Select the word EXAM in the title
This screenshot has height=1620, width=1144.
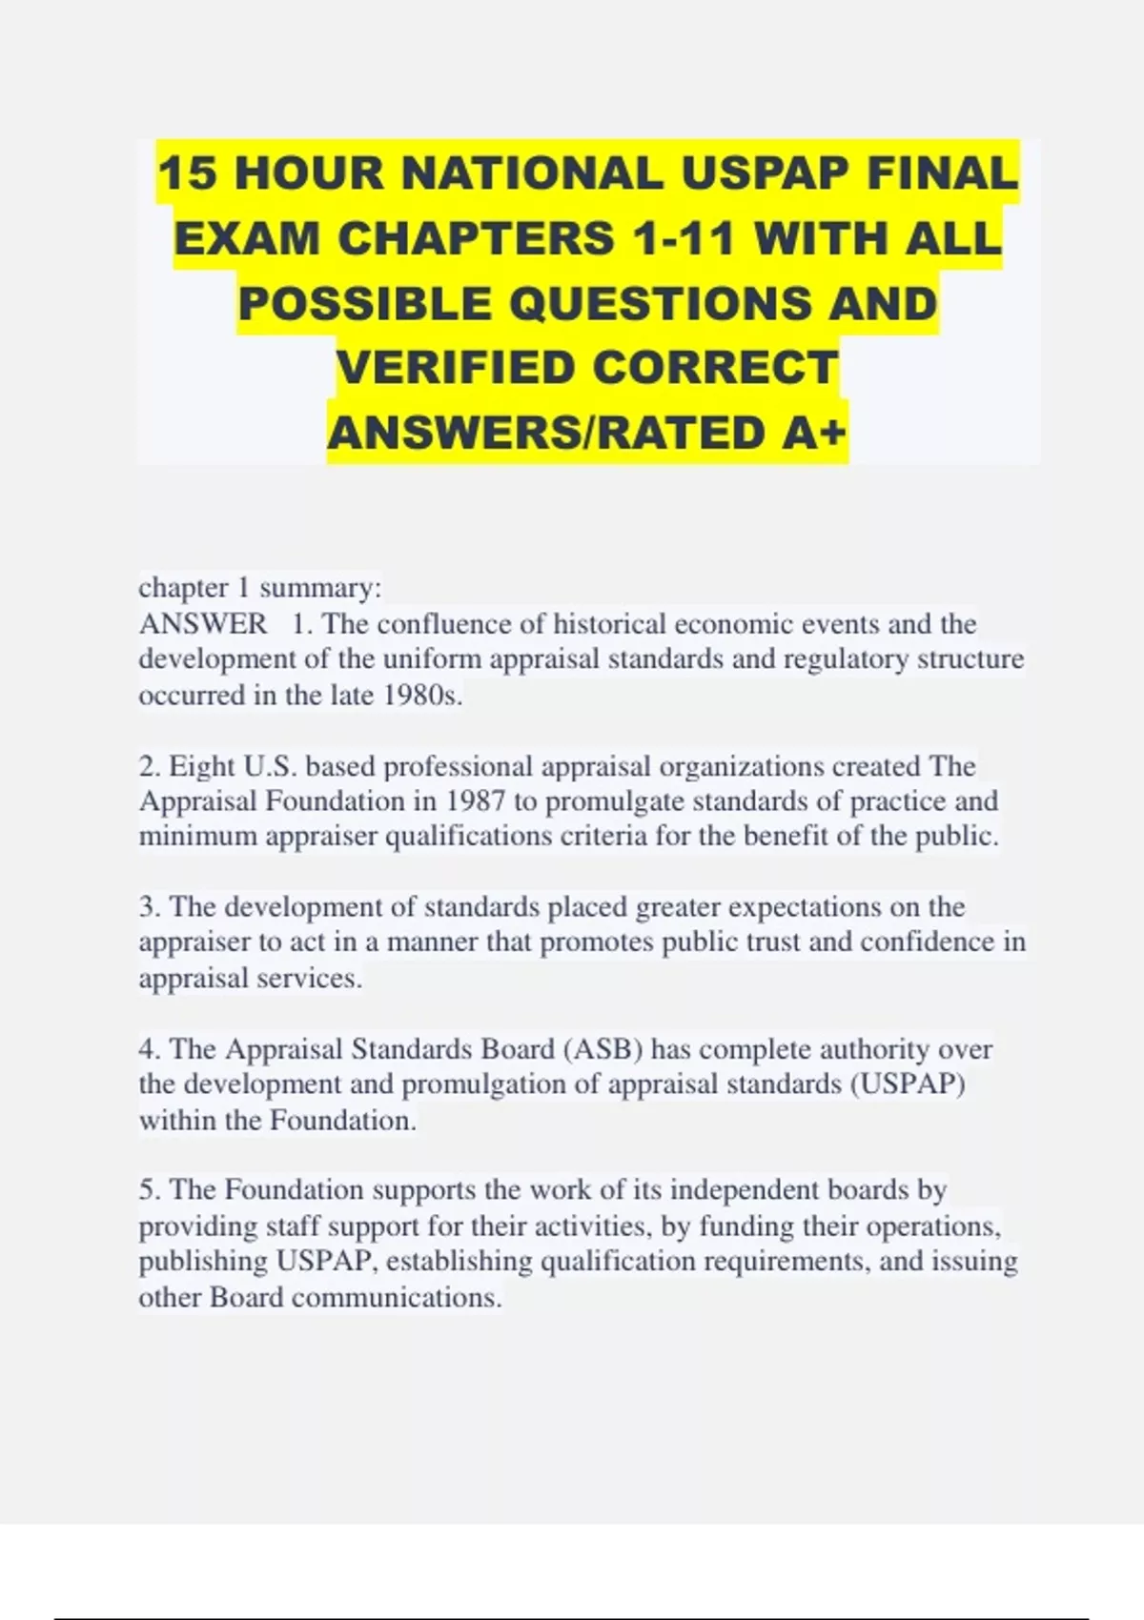click(247, 238)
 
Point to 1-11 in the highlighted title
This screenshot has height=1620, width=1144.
click(681, 238)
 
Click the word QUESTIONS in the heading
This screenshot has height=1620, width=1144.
click(662, 304)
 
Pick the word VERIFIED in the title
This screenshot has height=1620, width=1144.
click(456, 369)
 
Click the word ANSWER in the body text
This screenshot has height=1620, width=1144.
click(203, 624)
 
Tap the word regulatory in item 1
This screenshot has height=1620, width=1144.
click(847, 659)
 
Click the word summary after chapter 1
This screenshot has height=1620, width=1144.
click(318, 588)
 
